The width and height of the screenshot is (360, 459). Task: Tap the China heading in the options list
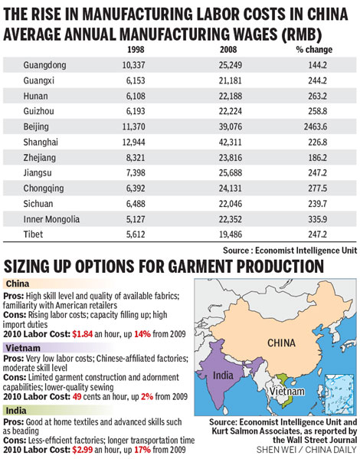coord(23,284)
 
